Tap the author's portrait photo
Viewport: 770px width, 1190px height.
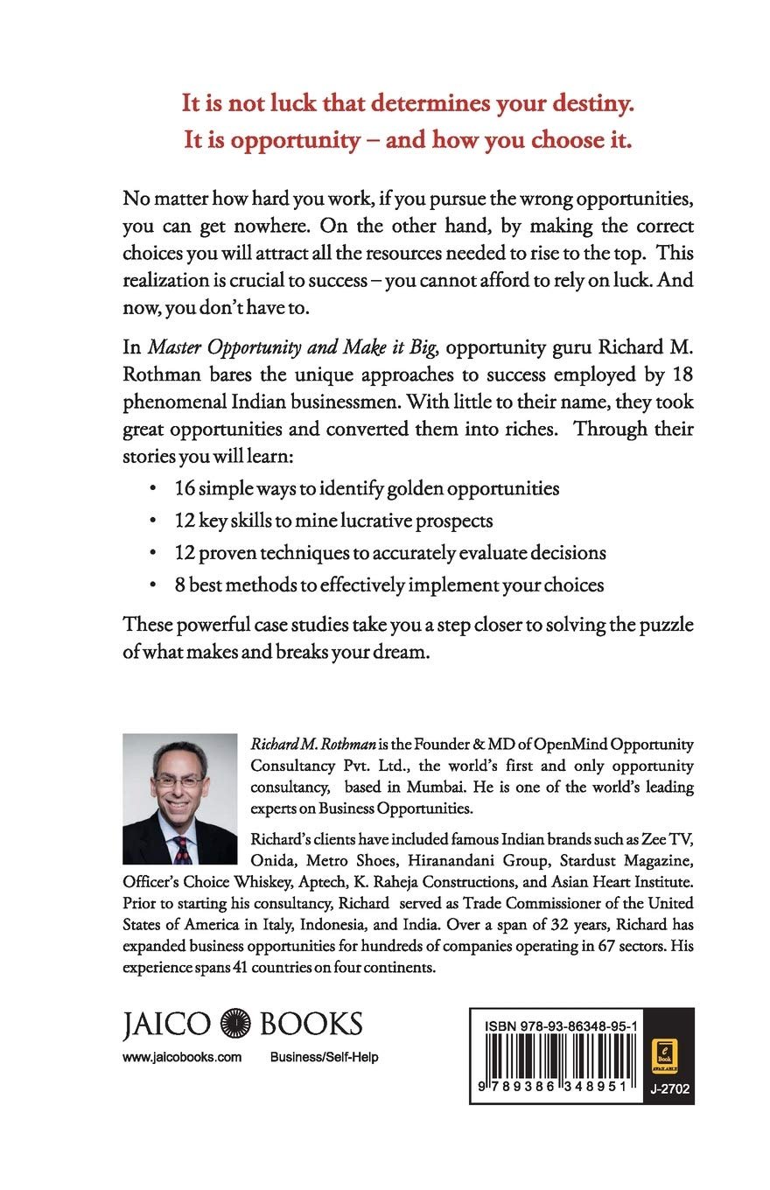[179, 798]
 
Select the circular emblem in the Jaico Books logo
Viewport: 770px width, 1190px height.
[235, 1025]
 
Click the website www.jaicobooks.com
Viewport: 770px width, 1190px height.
[182, 1057]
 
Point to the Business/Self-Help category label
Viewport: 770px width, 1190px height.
[324, 1057]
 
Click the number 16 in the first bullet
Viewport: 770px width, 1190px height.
[185, 487]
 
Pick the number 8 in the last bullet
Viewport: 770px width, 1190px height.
[179, 584]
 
